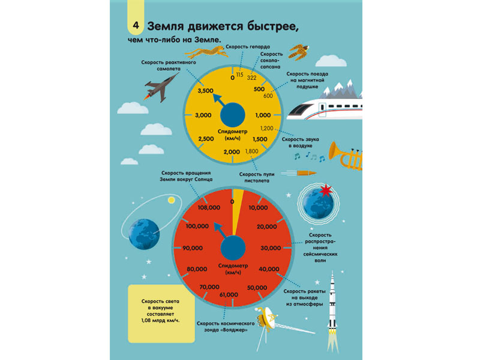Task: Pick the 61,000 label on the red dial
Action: (x=229, y=295)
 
